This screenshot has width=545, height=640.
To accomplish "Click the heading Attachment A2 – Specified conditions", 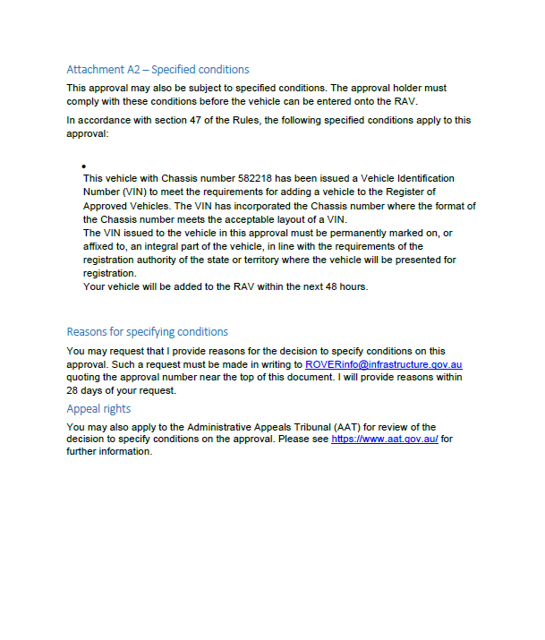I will pyautogui.click(x=158, y=70).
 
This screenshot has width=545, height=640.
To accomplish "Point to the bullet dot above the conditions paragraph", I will pyautogui.click(x=83, y=166).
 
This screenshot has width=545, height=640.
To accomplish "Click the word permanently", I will pyautogui.click(x=352, y=233).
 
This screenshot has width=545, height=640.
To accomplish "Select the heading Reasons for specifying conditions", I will pyautogui.click(x=147, y=331).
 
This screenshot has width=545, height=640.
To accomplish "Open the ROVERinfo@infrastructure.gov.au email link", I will pyautogui.click(x=383, y=365).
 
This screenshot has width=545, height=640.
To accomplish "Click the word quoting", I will pyautogui.click(x=86, y=378).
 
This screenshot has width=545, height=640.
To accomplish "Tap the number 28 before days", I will pyautogui.click(x=73, y=391).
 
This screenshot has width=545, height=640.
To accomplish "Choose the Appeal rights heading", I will pyautogui.click(x=98, y=409).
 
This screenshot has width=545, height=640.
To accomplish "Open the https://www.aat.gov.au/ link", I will pyautogui.click(x=384, y=439).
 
